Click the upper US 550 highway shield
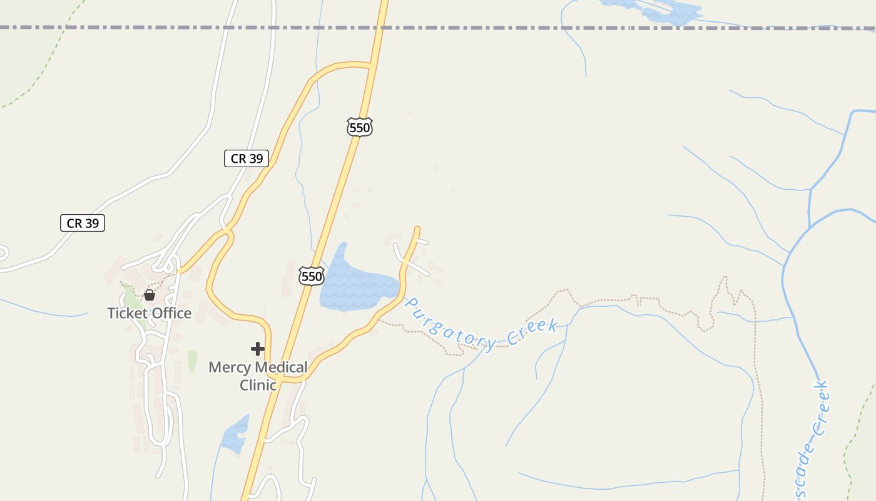[360, 127]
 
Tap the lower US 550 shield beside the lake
[311, 276]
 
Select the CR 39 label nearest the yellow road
[247, 158]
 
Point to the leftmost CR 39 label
[83, 222]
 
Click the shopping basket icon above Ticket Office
[150, 294]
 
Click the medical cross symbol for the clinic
[258, 349]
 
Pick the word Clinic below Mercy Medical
[258, 385]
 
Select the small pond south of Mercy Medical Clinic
[236, 435]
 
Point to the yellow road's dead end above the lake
[417, 229]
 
